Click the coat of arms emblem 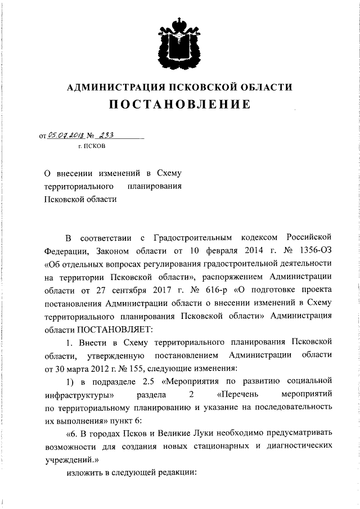click(179, 42)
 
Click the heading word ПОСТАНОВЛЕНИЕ click(179, 105)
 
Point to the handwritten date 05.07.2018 click(66, 135)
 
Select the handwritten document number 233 click(105, 135)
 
